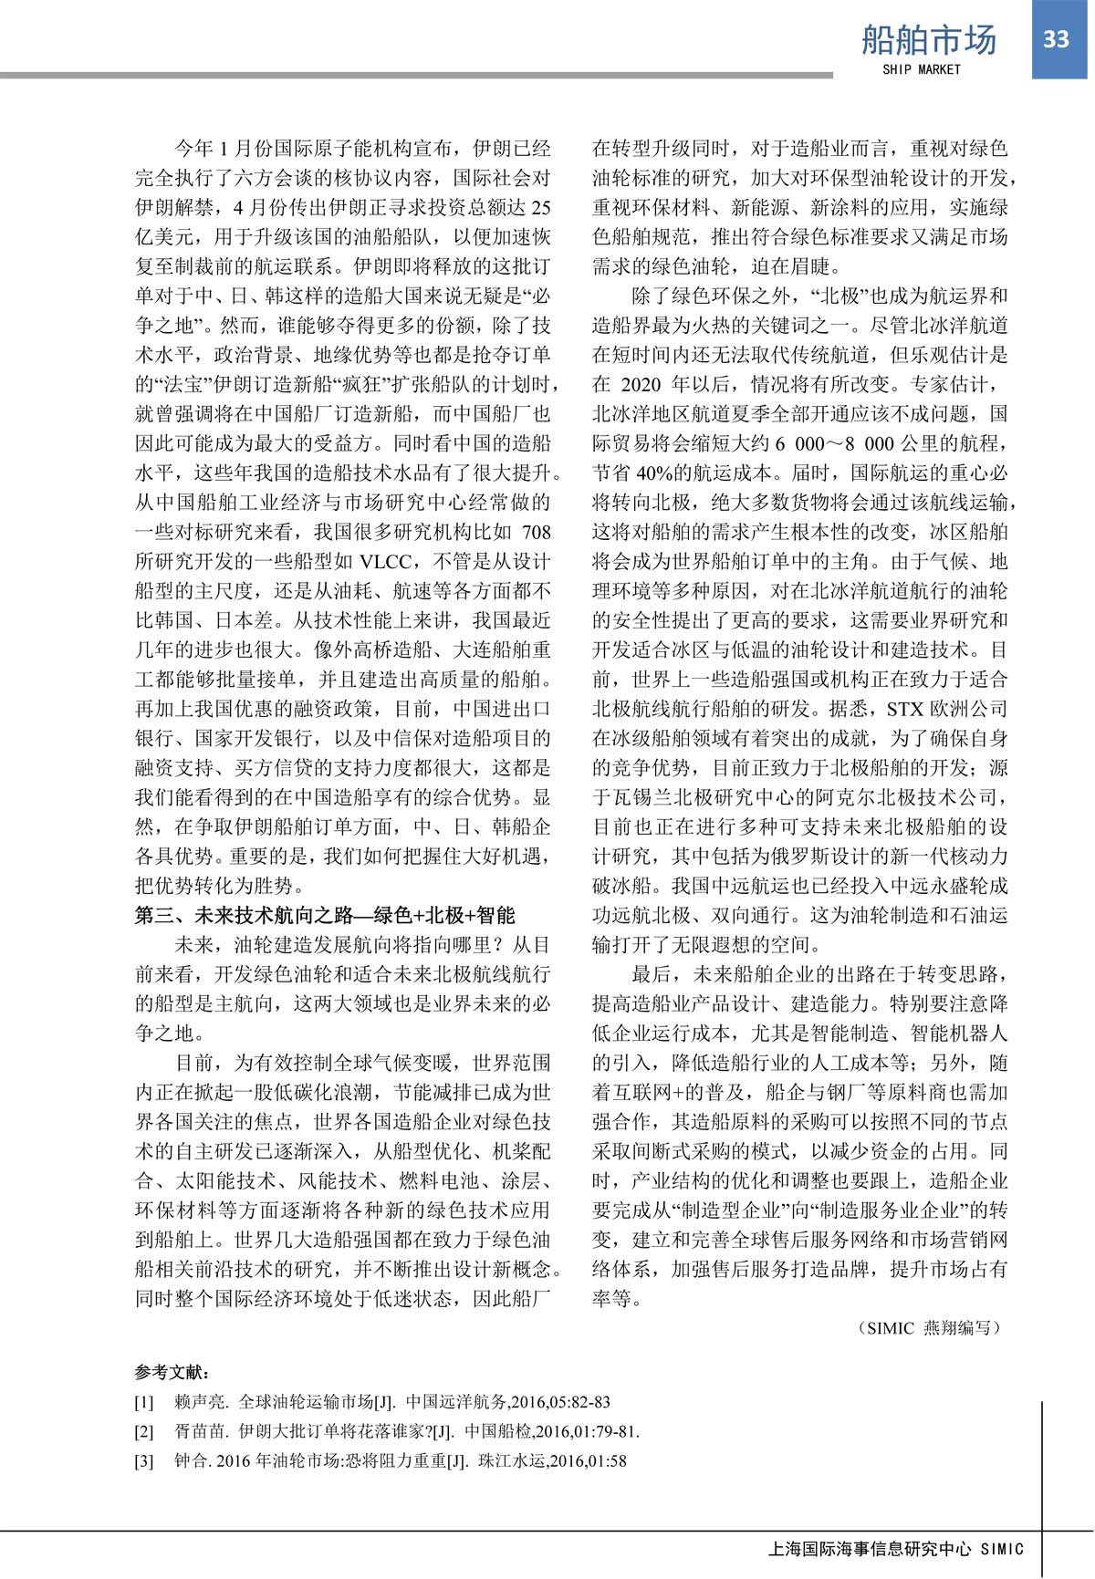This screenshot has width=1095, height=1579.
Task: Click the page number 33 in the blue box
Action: click(x=1056, y=39)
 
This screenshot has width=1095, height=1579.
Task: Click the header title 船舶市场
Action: click(x=929, y=40)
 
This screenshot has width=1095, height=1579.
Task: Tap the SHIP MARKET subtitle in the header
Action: click(x=922, y=69)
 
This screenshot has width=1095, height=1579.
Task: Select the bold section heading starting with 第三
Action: click(x=325, y=915)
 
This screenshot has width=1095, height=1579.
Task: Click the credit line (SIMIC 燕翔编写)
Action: click(x=928, y=1327)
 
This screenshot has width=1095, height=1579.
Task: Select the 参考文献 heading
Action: click(x=172, y=1372)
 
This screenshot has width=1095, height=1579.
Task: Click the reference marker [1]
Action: click(x=144, y=1402)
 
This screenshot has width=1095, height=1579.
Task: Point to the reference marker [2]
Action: click(x=144, y=1431)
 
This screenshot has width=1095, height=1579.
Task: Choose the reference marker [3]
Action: click(x=144, y=1460)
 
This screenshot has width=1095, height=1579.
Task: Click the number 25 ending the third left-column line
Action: click(x=540, y=207)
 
